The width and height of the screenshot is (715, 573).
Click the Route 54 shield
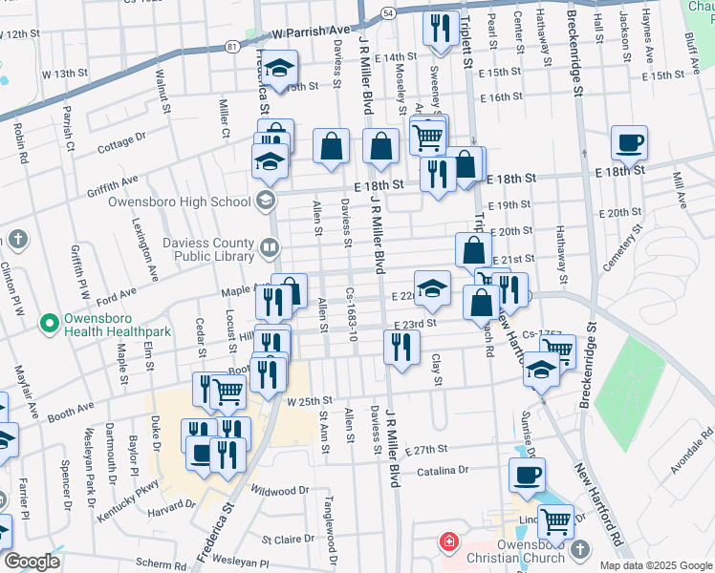[x=386, y=13]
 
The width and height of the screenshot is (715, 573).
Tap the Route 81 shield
[x=232, y=45]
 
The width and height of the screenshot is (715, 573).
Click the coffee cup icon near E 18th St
[x=629, y=143]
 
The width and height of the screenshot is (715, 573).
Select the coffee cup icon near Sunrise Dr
[x=526, y=475]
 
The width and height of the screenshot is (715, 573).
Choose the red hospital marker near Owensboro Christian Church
[x=446, y=542]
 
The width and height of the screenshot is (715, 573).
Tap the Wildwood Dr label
[x=280, y=491]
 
